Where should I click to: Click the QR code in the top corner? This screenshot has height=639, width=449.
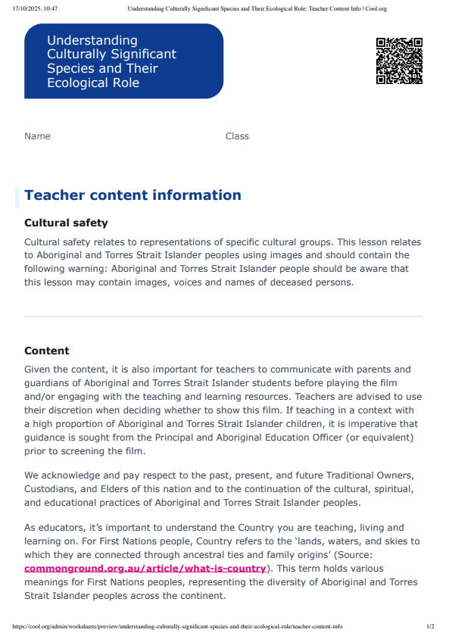tap(399, 61)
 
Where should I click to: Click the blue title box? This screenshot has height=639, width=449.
tap(123, 61)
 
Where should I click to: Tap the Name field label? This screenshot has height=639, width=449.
tap(37, 136)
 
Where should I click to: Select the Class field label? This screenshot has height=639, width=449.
tap(237, 136)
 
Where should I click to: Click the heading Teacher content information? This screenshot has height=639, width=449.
tap(133, 195)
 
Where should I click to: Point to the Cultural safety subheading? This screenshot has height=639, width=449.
tap(66, 223)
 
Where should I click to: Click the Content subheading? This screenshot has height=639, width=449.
tap(47, 351)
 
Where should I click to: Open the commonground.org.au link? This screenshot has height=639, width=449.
tap(145, 569)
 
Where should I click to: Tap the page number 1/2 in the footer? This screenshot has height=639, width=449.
tap(430, 627)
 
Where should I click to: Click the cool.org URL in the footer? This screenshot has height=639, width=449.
tap(177, 627)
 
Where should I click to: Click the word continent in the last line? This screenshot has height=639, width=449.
tap(200, 596)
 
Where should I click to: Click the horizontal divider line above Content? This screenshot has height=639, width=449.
tap(223, 316)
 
